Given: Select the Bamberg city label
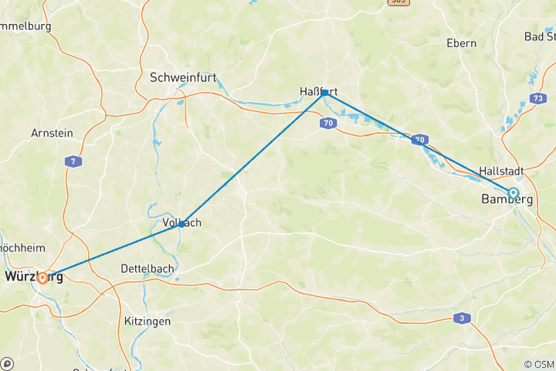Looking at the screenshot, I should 507,199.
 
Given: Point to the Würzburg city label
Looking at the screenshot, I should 34,276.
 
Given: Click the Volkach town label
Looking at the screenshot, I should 182,223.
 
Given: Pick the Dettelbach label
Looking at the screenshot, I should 145,268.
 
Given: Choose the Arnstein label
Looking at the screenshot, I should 52,133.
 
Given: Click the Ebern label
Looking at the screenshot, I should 461,43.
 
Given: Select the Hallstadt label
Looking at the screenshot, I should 502,171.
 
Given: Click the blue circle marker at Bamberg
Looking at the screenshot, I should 513,192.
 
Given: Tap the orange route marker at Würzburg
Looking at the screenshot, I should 42,277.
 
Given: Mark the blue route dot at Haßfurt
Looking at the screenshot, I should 324,91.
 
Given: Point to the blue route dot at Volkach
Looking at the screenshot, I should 181,224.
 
